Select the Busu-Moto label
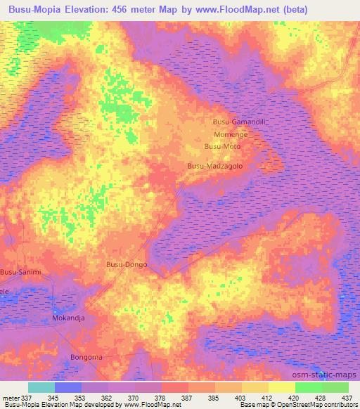(x=222, y=146)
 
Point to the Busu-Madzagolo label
(x=214, y=166)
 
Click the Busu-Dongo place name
(x=126, y=264)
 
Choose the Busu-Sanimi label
(x=21, y=272)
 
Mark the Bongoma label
(x=86, y=357)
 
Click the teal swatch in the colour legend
(x=41, y=387)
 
